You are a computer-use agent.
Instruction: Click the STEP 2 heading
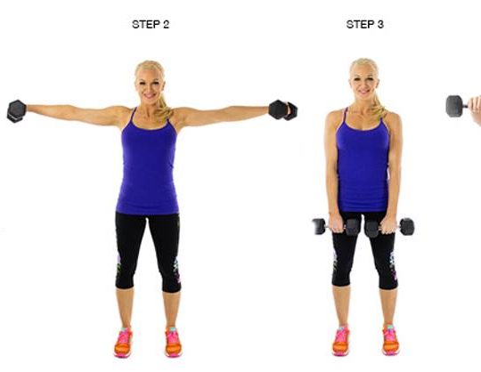coord(151,25)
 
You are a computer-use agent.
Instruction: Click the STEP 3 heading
coord(364,25)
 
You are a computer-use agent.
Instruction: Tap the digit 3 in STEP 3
coord(380,25)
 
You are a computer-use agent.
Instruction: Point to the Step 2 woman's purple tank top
coord(148,162)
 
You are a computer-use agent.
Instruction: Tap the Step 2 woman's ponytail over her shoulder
coord(165,108)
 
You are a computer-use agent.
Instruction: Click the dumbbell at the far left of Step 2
coord(16,111)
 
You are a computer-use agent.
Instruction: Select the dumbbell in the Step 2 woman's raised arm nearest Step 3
coord(283,110)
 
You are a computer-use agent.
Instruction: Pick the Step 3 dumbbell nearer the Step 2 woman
coord(337,227)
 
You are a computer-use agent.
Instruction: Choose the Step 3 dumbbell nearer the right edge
coord(389,227)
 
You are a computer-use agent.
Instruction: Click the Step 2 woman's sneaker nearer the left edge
coord(124,342)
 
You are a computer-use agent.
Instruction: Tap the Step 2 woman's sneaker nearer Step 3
coord(173,342)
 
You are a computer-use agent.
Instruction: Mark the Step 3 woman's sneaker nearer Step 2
coord(341,341)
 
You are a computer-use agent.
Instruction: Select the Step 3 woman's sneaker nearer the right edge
coord(390,340)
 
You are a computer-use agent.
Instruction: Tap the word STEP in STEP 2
coord(144,25)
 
